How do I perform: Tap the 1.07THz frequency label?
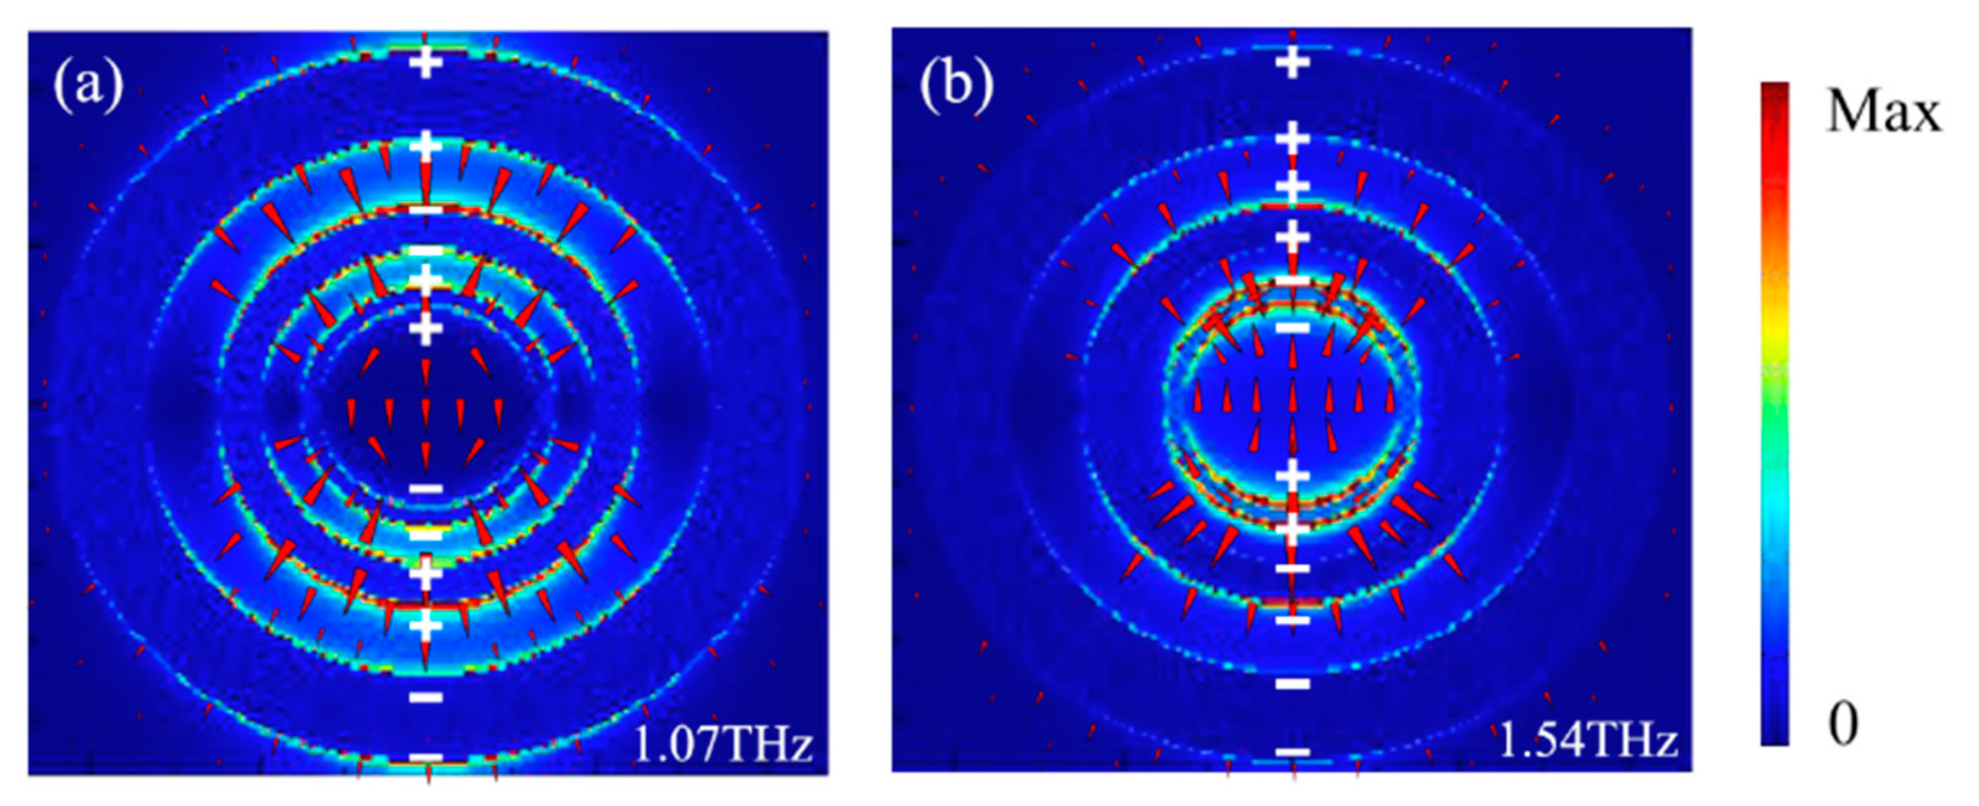[723, 744]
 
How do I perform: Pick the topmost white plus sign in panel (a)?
[426, 63]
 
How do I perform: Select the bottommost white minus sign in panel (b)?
[1293, 752]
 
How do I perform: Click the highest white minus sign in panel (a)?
[426, 210]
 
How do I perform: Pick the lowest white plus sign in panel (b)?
[1293, 529]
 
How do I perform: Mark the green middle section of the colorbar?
[1775, 377]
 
